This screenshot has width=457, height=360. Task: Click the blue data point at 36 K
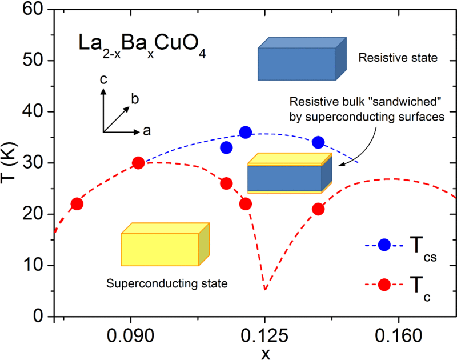pyautogui.click(x=246, y=133)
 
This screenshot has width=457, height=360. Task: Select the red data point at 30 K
pyautogui.click(x=138, y=163)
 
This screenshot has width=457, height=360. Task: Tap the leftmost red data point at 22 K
pyautogui.click(x=77, y=204)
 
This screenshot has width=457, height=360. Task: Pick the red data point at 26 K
pyautogui.click(x=226, y=183)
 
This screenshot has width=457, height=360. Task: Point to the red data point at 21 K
pyautogui.click(x=318, y=209)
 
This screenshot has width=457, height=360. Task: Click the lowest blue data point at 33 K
pyautogui.click(x=226, y=148)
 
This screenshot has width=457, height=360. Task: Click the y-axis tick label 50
pyautogui.click(x=33, y=61)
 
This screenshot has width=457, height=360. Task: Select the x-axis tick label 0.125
pyautogui.click(x=264, y=336)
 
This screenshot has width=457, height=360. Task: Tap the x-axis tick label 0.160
pyautogui.click(x=398, y=336)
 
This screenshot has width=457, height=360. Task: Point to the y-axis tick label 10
pyautogui.click(x=33, y=265)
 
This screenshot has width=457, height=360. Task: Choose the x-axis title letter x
pyautogui.click(x=266, y=354)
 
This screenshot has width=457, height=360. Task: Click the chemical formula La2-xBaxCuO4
pyautogui.click(x=142, y=46)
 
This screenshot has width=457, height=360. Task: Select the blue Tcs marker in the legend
pyautogui.click(x=384, y=245)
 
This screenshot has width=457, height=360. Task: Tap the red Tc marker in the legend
pyautogui.click(x=384, y=285)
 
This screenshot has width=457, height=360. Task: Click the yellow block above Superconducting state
pyautogui.click(x=165, y=244)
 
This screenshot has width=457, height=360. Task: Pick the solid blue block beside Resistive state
pyautogui.click(x=302, y=59)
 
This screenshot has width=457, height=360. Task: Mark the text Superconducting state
pyautogui.click(x=167, y=283)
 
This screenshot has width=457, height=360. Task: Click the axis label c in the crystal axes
pyautogui.click(x=103, y=79)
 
